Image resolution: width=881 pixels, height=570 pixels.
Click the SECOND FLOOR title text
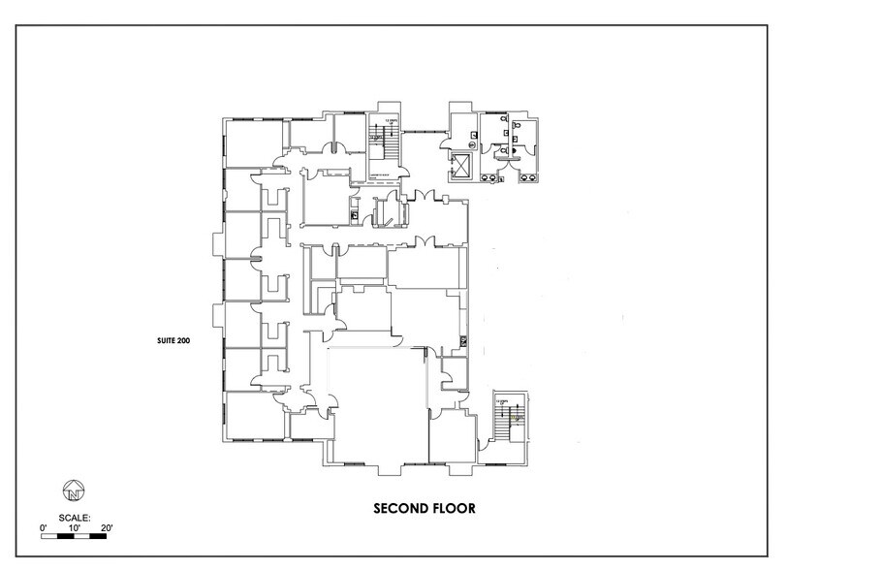coord(424,508)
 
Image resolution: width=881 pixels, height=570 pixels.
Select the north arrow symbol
coord(73,489)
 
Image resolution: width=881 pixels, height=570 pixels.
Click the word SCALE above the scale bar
coord(74,518)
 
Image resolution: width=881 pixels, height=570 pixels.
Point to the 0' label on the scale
coord(44,528)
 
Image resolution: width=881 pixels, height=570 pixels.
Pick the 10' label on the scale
coord(75,528)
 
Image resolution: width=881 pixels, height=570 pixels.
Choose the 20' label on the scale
coord(107,528)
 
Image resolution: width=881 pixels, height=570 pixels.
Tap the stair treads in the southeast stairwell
coord(506,422)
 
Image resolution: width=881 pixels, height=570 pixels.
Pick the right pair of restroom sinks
coord(531,177)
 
